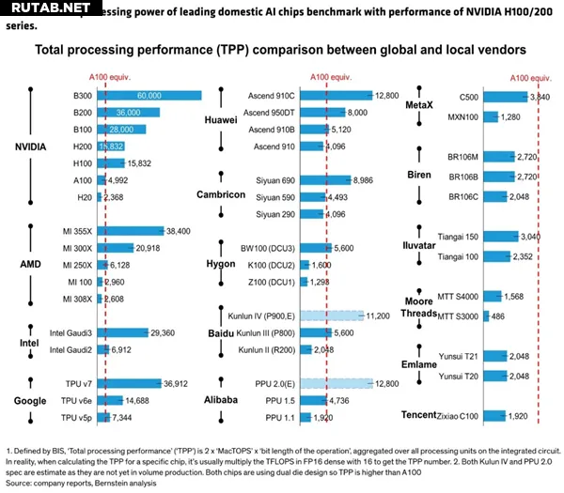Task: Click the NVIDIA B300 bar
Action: pos(150,96)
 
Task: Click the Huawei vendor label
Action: pos(220,120)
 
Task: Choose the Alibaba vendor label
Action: pos(220,398)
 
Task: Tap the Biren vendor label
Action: pos(419,175)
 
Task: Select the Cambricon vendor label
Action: pos(220,194)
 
